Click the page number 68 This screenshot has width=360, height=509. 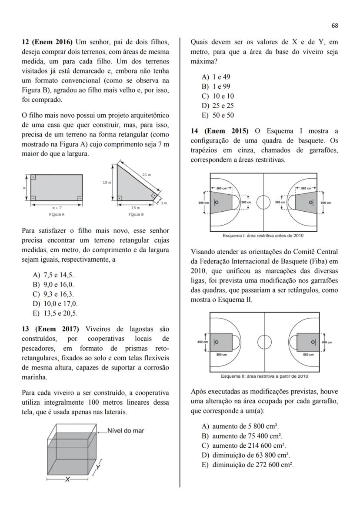pos(334,26)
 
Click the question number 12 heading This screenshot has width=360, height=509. pos(48,42)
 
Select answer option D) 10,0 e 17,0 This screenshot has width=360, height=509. pos(55,304)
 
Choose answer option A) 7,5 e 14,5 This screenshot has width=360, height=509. pos(53,275)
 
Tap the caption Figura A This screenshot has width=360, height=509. pos(57,214)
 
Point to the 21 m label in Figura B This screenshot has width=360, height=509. pos(147,174)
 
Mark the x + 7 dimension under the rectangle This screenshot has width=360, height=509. pos(57,208)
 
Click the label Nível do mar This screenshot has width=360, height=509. pos(126,431)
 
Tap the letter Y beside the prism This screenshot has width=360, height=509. pos(99,466)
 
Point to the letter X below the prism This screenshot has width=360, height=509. pos(67,479)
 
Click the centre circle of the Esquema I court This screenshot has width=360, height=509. pos(263,202)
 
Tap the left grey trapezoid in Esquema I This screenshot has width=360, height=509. pos(223,202)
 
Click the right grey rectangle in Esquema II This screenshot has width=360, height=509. pos(308,343)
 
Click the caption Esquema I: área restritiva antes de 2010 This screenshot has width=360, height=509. pos(263,236)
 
